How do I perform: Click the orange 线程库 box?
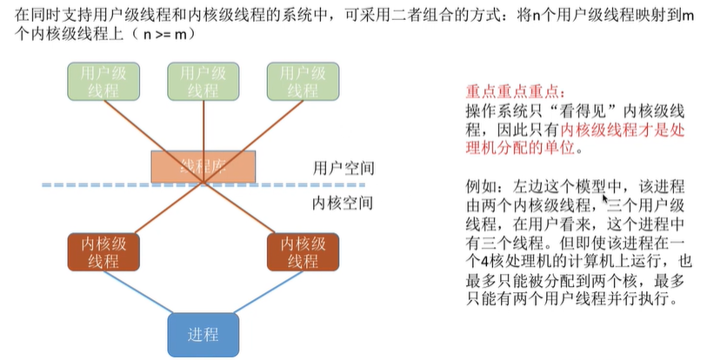(x=203, y=166)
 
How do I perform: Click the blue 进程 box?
(x=203, y=335)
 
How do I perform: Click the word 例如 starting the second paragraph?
(x=481, y=187)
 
